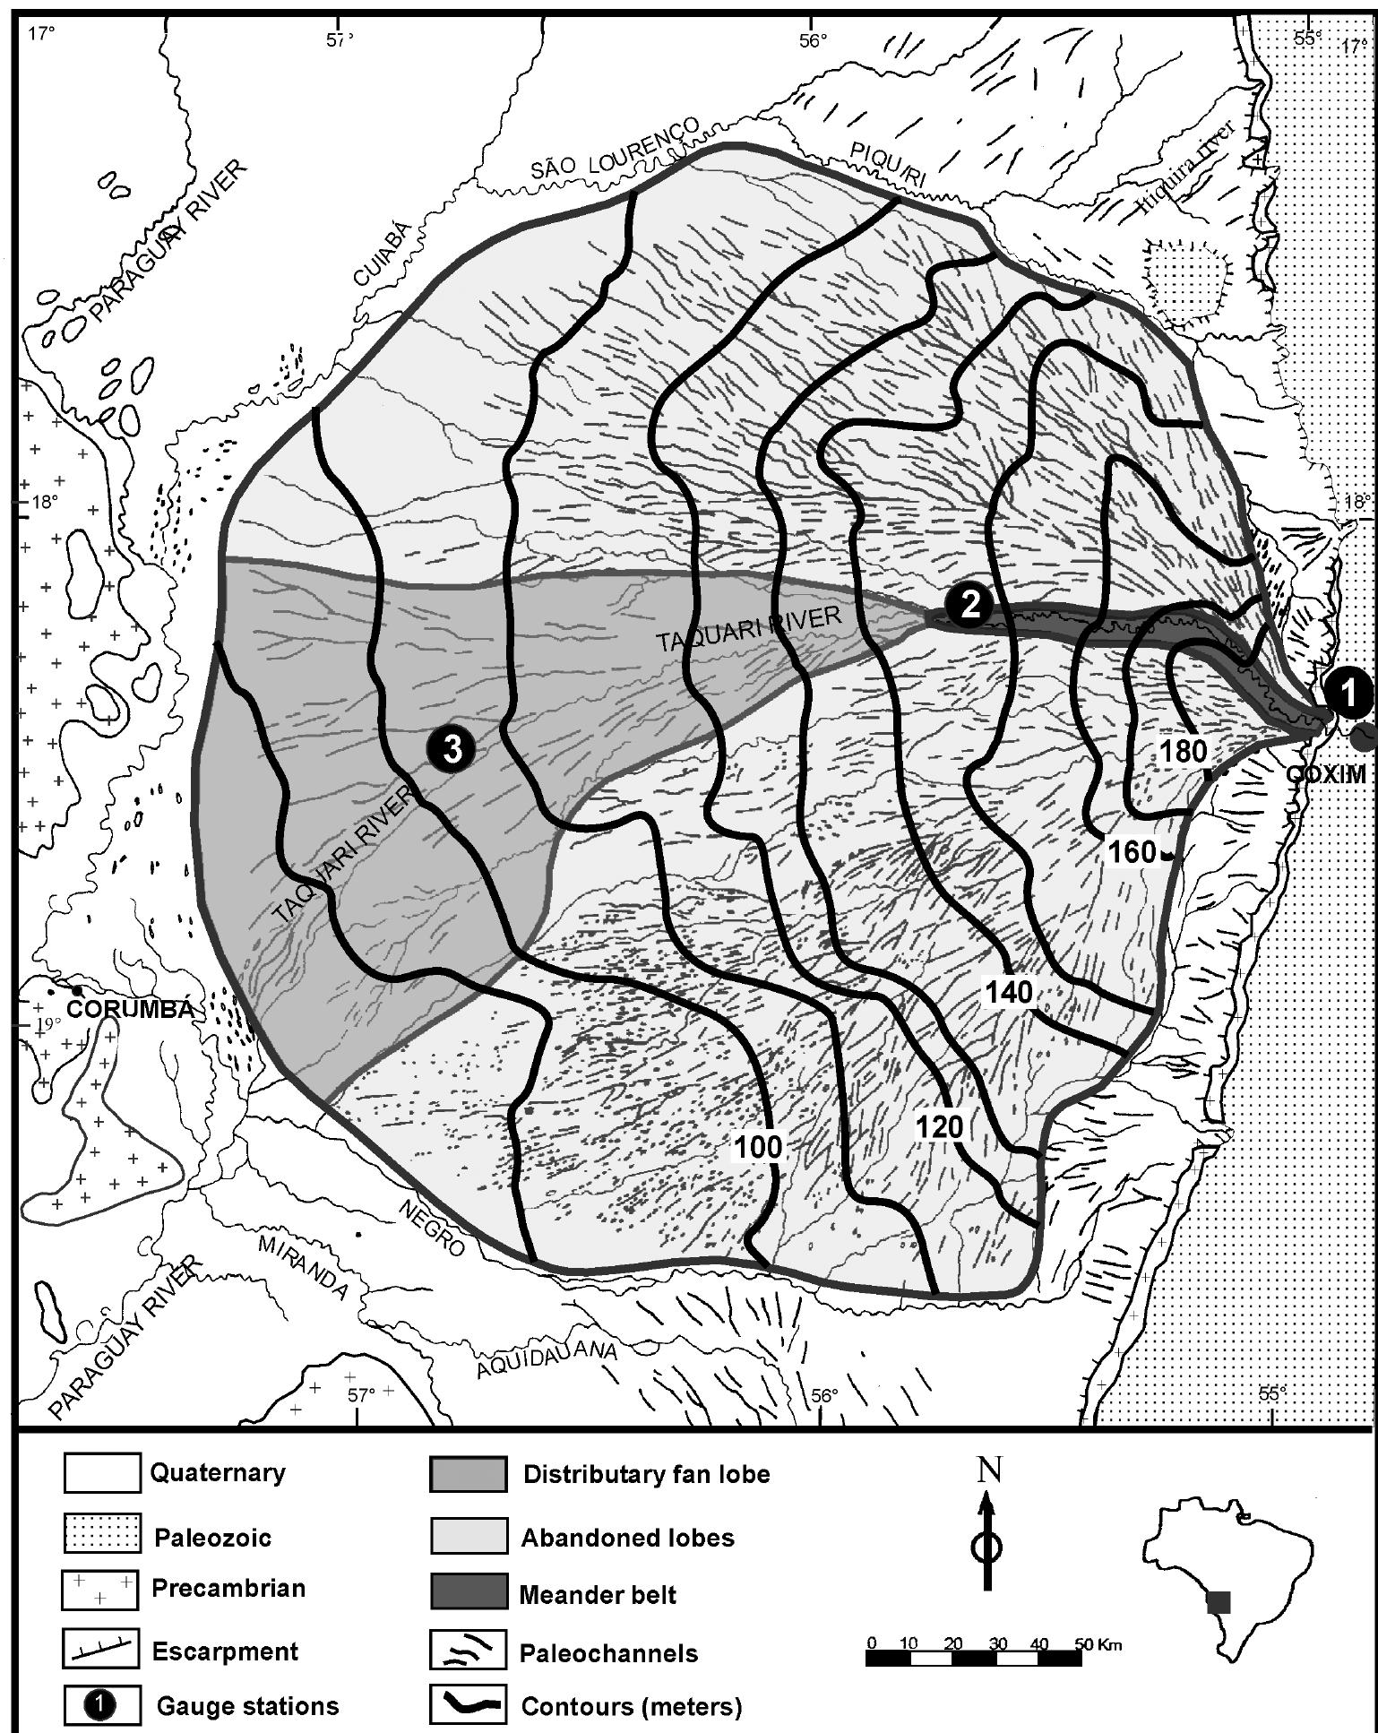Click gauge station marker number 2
tap(969, 605)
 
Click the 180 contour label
tap(1184, 751)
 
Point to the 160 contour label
tap(1133, 851)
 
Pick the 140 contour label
tap(1010, 991)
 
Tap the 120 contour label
tap(939, 1126)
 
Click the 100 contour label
tap(759, 1146)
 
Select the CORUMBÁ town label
tap(131, 1009)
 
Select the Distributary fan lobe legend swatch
tap(469, 1474)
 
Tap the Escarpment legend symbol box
tap(101, 1651)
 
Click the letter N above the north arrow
tap(989, 1470)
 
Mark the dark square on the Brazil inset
tap(1219, 1601)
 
